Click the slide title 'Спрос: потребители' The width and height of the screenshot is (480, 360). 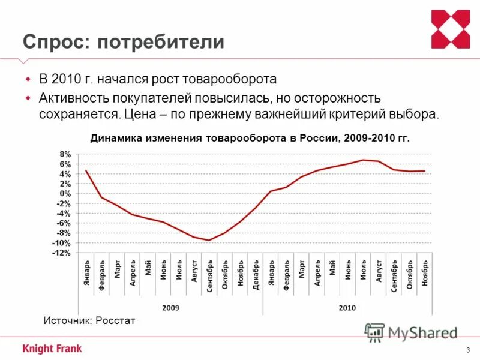click(124, 41)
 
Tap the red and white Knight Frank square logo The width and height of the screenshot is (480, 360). click(451, 29)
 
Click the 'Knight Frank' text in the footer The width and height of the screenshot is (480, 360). click(52, 348)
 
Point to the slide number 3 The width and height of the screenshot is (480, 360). click(467, 350)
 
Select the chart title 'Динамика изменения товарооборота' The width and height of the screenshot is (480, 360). click(250, 138)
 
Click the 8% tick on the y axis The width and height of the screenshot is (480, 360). click(65, 154)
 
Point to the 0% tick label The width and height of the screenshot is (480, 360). click(65, 194)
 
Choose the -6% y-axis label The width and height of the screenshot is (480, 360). click(64, 223)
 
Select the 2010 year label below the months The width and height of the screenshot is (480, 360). click(347, 308)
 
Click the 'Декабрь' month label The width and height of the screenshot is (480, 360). click(256, 275)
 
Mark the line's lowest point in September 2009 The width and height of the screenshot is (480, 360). click(209, 241)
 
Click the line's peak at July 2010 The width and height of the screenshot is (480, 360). click(363, 160)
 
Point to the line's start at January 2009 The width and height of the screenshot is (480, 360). click(86, 170)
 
